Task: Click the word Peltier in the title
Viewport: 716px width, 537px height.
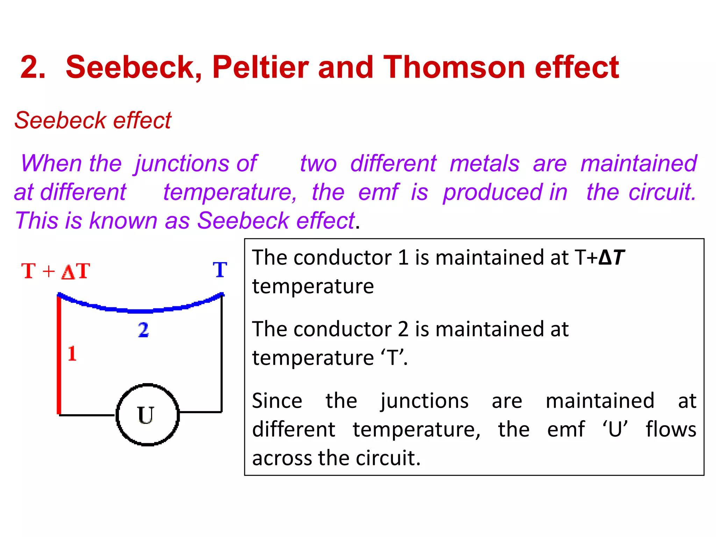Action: (260, 67)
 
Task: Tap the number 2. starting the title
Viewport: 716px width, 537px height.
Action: (33, 67)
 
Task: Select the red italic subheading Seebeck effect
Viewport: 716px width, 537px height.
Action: (93, 121)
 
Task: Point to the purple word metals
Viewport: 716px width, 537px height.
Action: (485, 164)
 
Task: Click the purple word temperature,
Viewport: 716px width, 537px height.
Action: (230, 193)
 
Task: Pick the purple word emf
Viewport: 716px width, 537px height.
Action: (378, 192)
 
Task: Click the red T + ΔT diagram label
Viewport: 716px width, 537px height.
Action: (56, 271)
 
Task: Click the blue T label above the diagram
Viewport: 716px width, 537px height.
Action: (220, 270)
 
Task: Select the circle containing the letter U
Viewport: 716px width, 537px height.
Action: (148, 415)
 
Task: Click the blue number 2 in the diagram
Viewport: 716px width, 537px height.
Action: (143, 330)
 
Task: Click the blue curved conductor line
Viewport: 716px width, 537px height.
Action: (140, 310)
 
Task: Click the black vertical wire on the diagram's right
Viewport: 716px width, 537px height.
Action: (221, 353)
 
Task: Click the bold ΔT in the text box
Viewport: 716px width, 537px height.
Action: (611, 258)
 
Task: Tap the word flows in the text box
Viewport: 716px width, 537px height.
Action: (671, 430)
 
